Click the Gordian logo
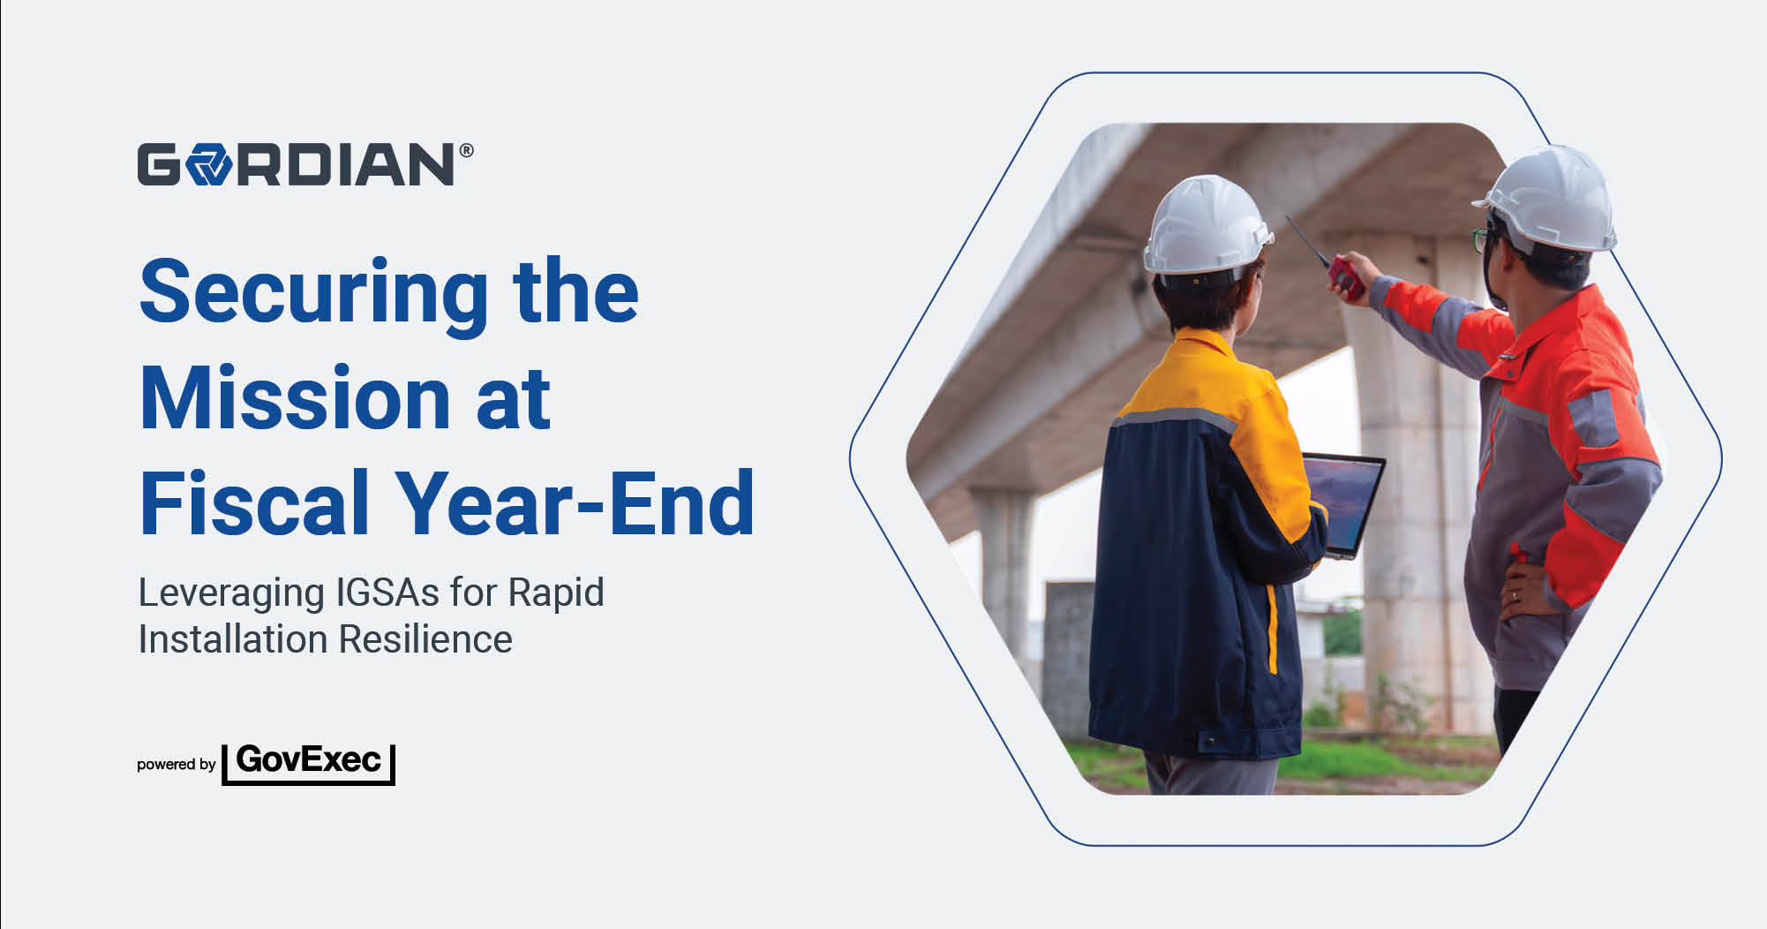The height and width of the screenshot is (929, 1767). tap(305, 164)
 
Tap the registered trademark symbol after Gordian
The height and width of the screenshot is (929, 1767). tap(466, 150)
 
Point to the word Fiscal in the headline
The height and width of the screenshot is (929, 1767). tap(254, 502)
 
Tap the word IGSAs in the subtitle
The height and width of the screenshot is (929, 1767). tap(387, 593)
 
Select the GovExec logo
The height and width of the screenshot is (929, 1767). tap(308, 763)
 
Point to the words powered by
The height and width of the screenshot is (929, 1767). tap(177, 765)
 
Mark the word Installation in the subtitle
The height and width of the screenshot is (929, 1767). tap(233, 639)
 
